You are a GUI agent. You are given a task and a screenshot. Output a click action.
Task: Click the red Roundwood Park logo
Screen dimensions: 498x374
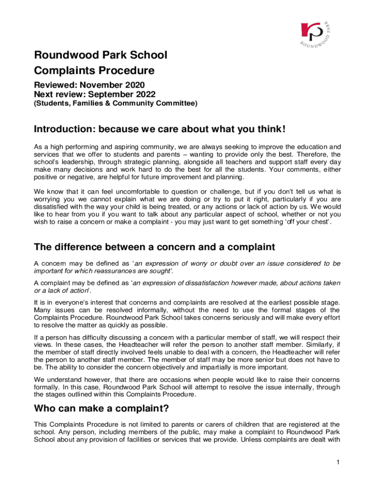click(310, 32)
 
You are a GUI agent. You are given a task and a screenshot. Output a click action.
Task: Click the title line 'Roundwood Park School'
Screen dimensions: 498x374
click(101, 55)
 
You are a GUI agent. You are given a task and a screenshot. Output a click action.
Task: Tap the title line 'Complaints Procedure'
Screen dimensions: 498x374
click(94, 71)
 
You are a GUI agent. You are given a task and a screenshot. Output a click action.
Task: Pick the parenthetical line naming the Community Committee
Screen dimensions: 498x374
click(116, 103)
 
